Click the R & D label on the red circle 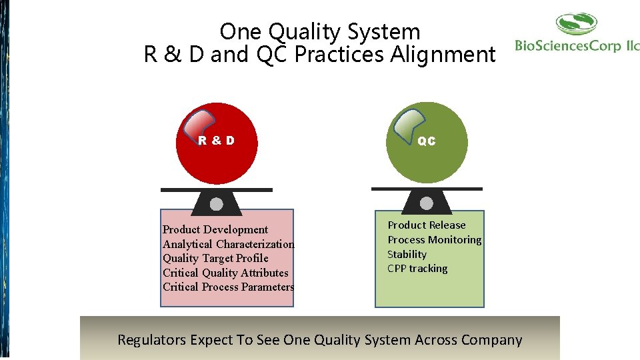point(216,141)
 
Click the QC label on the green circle point(426,141)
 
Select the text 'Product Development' point(215,229)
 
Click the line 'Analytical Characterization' point(228,244)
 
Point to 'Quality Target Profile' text point(215,258)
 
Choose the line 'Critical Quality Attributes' point(225,273)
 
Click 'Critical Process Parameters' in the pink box point(228,287)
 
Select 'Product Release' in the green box point(427,225)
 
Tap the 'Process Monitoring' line point(434,240)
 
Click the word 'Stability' point(407,255)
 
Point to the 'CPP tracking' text point(417,269)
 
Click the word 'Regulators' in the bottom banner point(151,340)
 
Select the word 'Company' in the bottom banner point(491,340)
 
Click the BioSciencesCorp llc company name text point(577,46)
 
